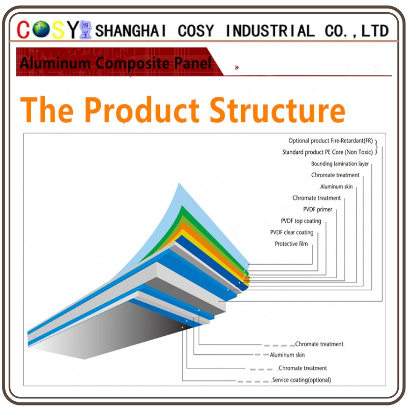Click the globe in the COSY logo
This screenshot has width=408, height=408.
pyautogui.click(x=41, y=29)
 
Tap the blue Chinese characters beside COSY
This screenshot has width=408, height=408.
pyautogui.click(x=86, y=30)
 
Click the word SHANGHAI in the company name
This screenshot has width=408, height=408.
pyautogui.click(x=130, y=31)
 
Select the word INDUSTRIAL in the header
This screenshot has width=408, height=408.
pyautogui.click(x=270, y=31)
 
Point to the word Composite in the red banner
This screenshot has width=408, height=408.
pyautogui.click(x=132, y=63)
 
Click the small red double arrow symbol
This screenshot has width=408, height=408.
pyautogui.click(x=236, y=68)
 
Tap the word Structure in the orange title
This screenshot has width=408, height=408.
pyautogui.click(x=278, y=110)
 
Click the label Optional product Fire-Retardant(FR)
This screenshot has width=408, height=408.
pyautogui.click(x=331, y=141)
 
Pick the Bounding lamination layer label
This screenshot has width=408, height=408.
pyautogui.click(x=340, y=164)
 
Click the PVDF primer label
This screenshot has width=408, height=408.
pyautogui.click(x=317, y=209)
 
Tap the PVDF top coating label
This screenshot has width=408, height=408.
pyautogui.click(x=301, y=221)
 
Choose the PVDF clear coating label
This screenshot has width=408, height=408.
pyautogui.click(x=292, y=232)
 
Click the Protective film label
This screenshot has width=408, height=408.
pyautogui.click(x=291, y=244)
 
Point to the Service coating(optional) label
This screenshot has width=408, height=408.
pyautogui.click(x=302, y=380)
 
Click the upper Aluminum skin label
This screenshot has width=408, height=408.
pyautogui.click(x=336, y=186)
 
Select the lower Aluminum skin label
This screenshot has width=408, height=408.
pyautogui.click(x=287, y=355)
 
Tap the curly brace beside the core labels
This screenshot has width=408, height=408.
pyautogui.click(x=376, y=147)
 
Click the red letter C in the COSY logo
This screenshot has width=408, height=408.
pyautogui.click(x=23, y=30)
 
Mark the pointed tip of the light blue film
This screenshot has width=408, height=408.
pyautogui.click(x=179, y=183)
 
